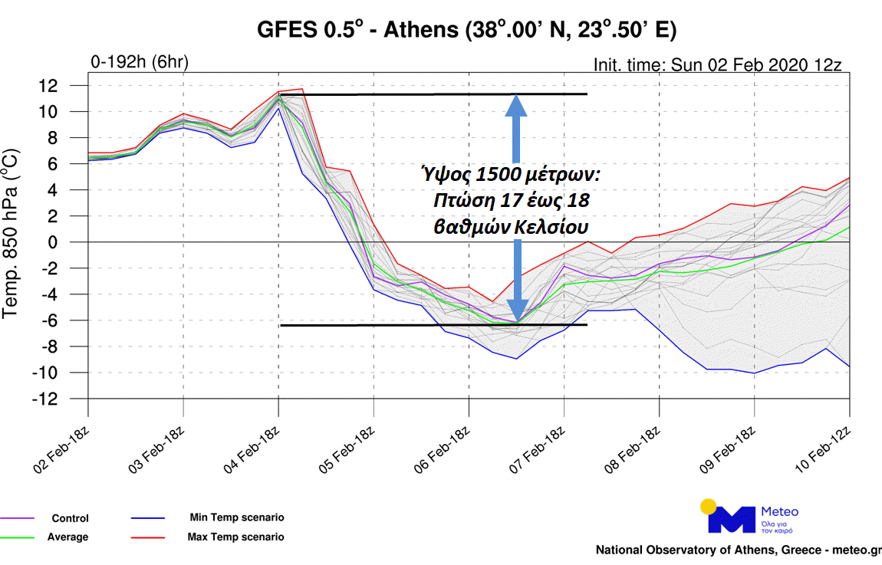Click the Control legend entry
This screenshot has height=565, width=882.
[x=70, y=518]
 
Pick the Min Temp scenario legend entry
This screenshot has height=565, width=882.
[x=236, y=517]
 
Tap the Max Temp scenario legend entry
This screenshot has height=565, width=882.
[x=235, y=537]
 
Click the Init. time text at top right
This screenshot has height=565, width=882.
[x=717, y=64]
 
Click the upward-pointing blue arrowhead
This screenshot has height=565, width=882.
[x=516, y=107]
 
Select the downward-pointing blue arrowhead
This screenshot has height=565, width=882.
[x=517, y=310]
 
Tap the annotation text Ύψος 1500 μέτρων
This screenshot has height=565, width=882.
[x=511, y=176]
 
